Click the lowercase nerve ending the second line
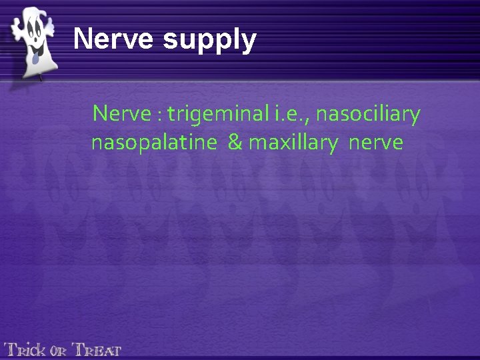coord(375,143)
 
